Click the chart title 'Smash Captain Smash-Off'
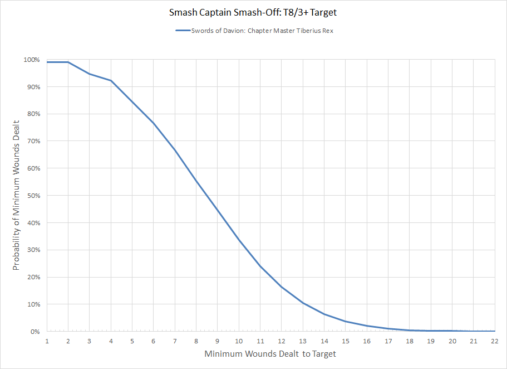pyautogui.click(x=253, y=12)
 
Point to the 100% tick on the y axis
pyautogui.click(x=31, y=60)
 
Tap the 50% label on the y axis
pyautogui.click(x=33, y=196)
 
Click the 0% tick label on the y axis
pyautogui.click(x=35, y=332)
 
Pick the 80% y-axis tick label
pyautogui.click(x=33, y=114)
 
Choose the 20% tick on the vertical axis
pyautogui.click(x=33, y=277)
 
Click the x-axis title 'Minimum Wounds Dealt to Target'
pyautogui.click(x=270, y=354)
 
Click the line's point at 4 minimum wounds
pyautogui.click(x=111, y=81)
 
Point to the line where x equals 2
pyautogui.click(x=68, y=62)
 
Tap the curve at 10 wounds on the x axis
pyautogui.click(x=239, y=240)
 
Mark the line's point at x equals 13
pyautogui.click(x=303, y=303)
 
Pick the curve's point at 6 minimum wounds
pyautogui.click(x=154, y=123)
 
